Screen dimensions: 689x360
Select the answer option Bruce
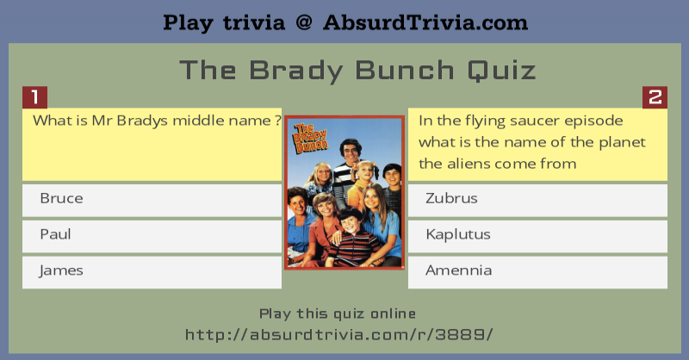152,200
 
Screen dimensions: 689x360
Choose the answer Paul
152,236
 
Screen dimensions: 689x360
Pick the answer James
152,272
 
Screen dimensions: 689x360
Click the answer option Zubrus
537,200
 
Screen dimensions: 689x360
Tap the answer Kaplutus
537,236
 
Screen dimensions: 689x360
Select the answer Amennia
537,272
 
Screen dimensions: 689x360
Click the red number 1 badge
34,97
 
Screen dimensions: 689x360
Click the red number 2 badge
655,97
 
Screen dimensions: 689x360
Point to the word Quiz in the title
501,71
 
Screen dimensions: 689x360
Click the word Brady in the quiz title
295,71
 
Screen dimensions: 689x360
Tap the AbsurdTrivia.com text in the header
425,22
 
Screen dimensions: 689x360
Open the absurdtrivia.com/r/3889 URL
338,335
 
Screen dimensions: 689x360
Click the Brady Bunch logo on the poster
311,139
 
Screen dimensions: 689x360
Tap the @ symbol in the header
304,22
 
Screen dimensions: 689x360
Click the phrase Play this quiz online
338,313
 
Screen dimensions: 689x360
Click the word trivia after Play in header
254,23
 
